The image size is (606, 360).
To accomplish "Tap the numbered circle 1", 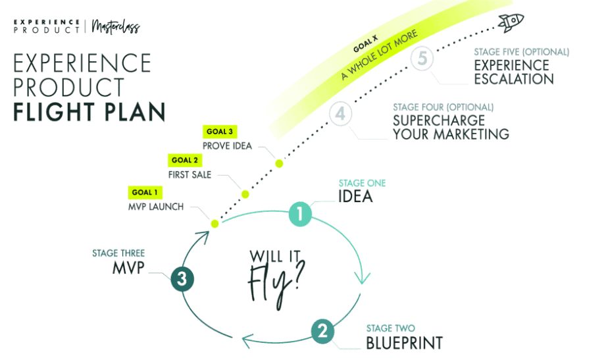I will (x=300, y=214).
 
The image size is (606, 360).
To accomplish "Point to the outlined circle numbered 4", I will (x=340, y=114).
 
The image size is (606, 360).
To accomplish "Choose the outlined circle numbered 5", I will (x=422, y=59).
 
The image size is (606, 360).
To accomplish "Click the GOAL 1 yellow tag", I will (x=145, y=193).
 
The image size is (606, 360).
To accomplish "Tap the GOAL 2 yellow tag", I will (x=185, y=160).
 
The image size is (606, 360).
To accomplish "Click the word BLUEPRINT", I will (x=404, y=343).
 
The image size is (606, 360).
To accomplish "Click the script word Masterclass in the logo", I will (x=116, y=27).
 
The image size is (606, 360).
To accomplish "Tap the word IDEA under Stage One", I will (x=355, y=196).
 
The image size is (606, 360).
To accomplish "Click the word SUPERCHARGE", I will (x=438, y=121).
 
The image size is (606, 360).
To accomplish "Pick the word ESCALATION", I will (x=514, y=80).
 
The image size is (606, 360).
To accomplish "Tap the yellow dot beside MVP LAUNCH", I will (x=214, y=224).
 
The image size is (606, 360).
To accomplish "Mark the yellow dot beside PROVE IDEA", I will (x=279, y=163).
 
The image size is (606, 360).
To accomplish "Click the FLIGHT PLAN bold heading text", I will (x=89, y=113).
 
